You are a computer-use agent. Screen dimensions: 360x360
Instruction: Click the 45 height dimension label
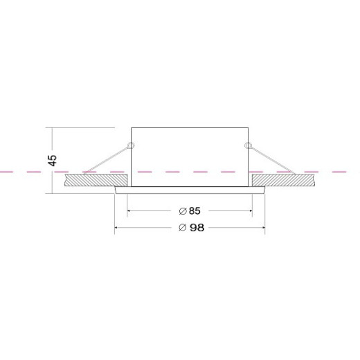tap(53, 160)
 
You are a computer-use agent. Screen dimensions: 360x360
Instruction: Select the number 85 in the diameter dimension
tap(195, 210)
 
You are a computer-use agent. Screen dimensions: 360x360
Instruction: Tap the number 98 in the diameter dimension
tap(197, 228)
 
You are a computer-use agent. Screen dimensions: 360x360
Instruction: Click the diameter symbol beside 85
tap(183, 211)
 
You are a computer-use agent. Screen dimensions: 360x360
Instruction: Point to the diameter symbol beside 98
tap(182, 228)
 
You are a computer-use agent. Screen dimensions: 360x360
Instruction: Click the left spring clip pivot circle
tap(132, 145)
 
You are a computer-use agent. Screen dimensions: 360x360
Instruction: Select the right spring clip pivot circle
tap(248, 145)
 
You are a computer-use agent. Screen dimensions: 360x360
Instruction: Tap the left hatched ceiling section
tap(96, 181)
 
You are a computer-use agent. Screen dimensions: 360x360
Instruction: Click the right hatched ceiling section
tap(284, 181)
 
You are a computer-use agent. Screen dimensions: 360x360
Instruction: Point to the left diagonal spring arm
tap(106, 160)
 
